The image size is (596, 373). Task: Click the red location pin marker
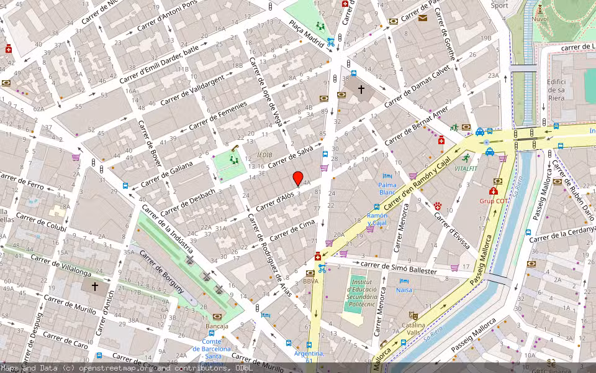tap(298, 178)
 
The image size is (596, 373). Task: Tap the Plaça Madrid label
tap(307, 33)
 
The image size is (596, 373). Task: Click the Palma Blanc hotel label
tap(387, 188)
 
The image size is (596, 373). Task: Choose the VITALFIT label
tap(466, 168)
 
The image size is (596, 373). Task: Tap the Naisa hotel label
tap(404, 290)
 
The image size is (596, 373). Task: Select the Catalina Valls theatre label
tap(413, 329)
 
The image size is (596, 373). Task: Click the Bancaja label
tap(217, 326)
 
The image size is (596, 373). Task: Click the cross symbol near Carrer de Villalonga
tap(95, 287)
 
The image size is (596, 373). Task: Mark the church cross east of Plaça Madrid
tap(361, 90)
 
